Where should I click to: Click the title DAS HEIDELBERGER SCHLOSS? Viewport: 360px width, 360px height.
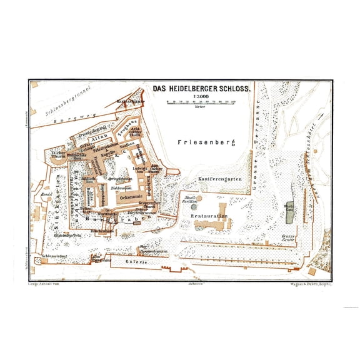[x=202, y=89]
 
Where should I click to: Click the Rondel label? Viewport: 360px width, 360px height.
[x=45, y=193]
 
